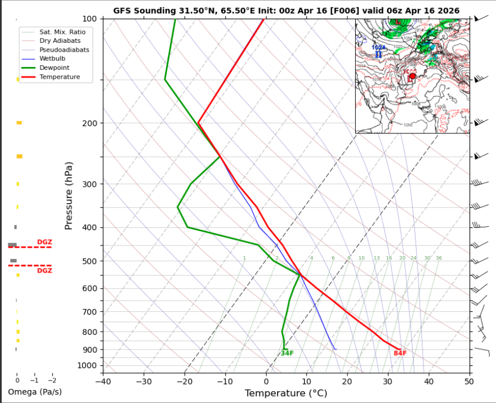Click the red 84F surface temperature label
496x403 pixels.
400,353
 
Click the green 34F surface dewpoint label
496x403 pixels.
287,353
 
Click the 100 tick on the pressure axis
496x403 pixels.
90,19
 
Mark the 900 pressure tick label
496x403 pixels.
90,350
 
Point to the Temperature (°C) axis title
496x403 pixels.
286,393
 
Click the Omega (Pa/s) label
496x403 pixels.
35,392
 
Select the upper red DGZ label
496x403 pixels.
44,242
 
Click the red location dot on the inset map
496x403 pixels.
412,76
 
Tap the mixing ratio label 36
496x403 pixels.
439,258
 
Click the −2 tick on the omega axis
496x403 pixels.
52,380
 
